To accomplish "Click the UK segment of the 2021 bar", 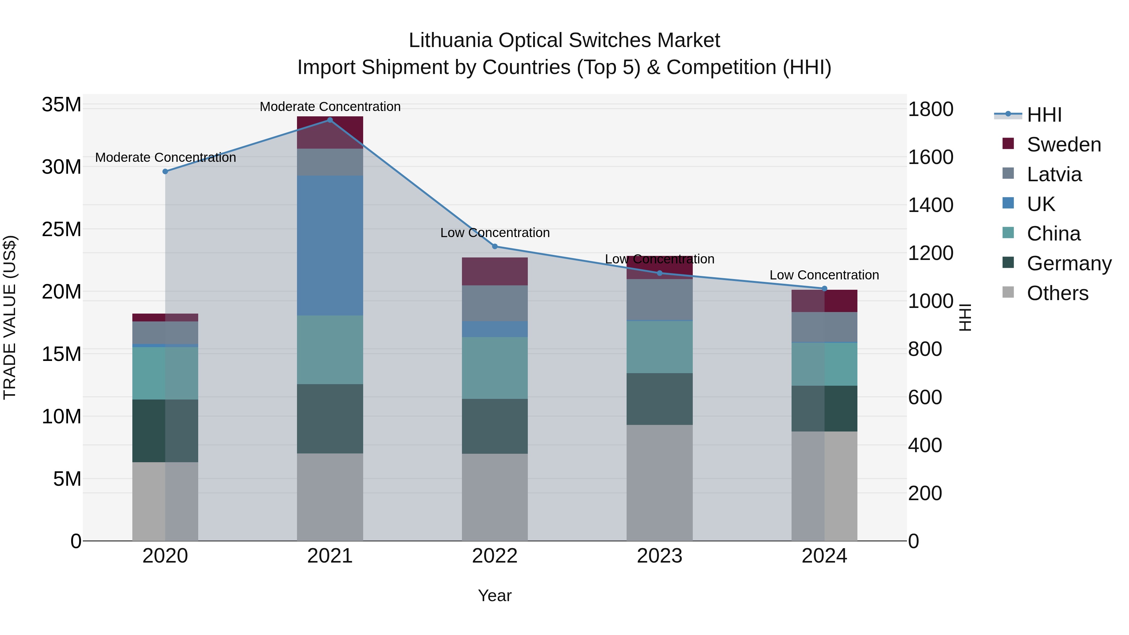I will (330, 246).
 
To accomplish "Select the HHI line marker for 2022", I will (495, 246).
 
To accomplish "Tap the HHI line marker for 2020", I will (165, 171).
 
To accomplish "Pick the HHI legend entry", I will (1044, 115).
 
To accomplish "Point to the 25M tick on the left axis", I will (61, 229).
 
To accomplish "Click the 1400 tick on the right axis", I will (930, 205).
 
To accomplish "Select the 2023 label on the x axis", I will (659, 556).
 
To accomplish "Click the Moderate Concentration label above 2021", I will (330, 107).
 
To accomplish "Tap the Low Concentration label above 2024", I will (824, 275).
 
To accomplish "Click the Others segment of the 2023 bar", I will (659, 482).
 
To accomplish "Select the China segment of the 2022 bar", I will (495, 368).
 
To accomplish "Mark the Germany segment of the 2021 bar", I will (330, 419).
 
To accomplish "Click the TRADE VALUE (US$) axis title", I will (10, 317).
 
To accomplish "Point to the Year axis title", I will (495, 595).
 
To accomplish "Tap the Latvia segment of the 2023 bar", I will (659, 299).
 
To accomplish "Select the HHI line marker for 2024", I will (824, 288).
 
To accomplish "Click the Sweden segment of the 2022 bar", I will (495, 271).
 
